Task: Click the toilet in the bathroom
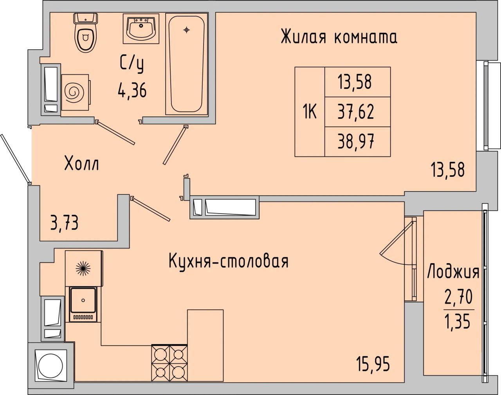(86, 32)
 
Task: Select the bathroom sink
(141, 29)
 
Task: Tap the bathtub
(186, 64)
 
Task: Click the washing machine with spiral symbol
(75, 92)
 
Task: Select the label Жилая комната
(339, 37)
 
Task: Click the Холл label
(81, 163)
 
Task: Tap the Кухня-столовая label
(228, 261)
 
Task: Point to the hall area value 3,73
(65, 223)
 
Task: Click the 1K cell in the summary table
(310, 112)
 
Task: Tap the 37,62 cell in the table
(357, 112)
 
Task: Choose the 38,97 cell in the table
(357, 142)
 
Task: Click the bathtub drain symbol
(186, 30)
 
